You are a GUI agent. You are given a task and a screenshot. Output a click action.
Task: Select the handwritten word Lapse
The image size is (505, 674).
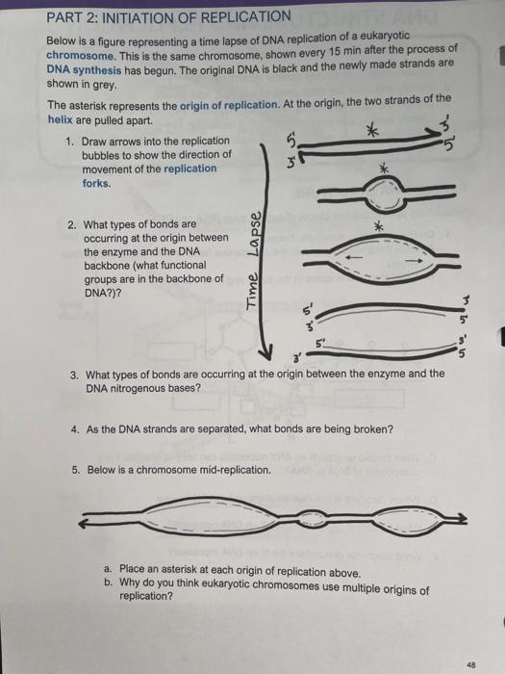(259, 233)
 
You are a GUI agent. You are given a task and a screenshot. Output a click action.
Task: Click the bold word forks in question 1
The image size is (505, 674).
(96, 181)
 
